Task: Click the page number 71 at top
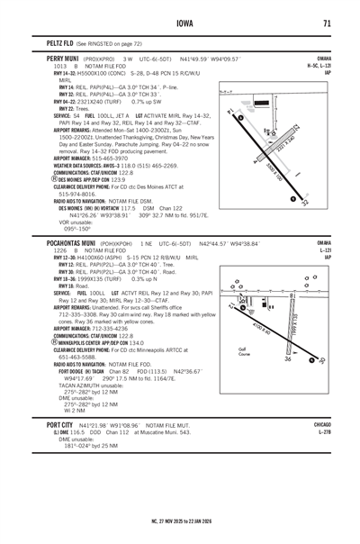coord(329,23)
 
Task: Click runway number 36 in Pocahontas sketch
coord(288,360)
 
